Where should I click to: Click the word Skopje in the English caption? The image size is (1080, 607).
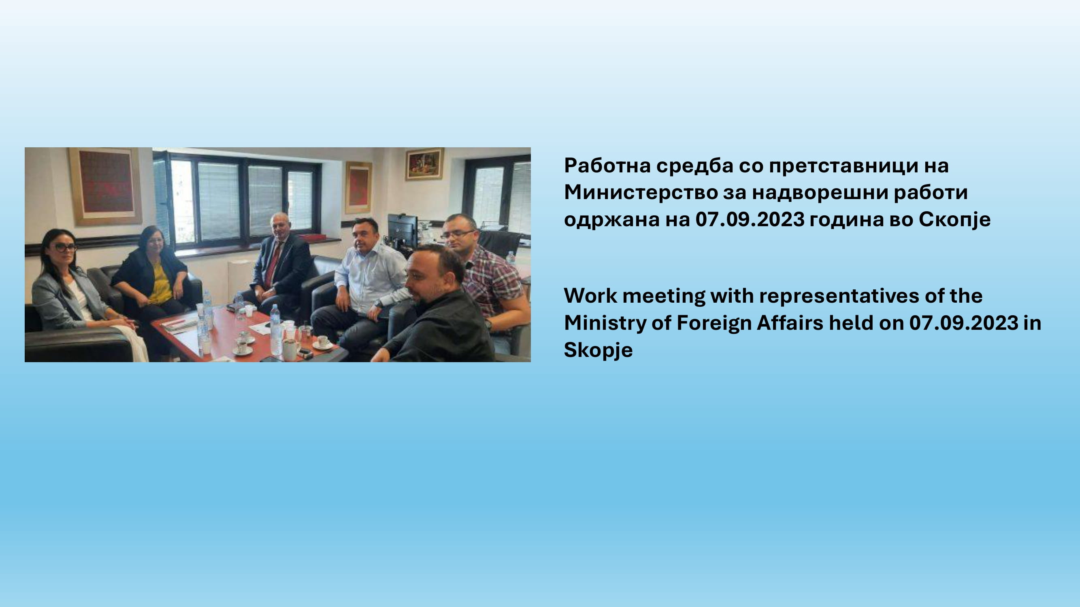[598, 350]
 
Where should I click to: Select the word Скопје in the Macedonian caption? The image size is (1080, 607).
[954, 219]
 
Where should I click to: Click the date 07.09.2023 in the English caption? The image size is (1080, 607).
[964, 323]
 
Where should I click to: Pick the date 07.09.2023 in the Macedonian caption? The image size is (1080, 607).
[750, 219]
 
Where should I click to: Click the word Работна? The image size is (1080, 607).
[606, 166]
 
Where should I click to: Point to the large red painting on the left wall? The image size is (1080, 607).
[106, 186]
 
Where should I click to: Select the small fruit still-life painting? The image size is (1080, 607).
[424, 164]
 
